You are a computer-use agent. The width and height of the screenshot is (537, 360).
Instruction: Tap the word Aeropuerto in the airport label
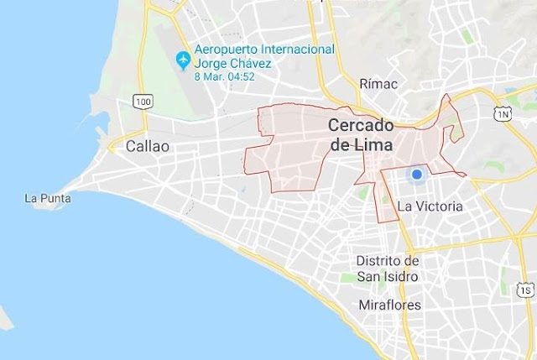(225, 50)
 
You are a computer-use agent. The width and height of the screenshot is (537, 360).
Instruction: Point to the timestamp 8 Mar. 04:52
(225, 76)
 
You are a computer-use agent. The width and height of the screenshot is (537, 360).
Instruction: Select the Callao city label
(147, 145)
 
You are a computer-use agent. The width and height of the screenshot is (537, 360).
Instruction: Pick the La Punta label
(48, 199)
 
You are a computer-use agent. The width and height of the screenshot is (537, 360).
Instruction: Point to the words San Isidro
(388, 276)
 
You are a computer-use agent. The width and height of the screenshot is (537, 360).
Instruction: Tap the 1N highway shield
(503, 112)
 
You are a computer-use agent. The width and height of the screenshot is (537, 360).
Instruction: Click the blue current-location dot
(414, 175)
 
